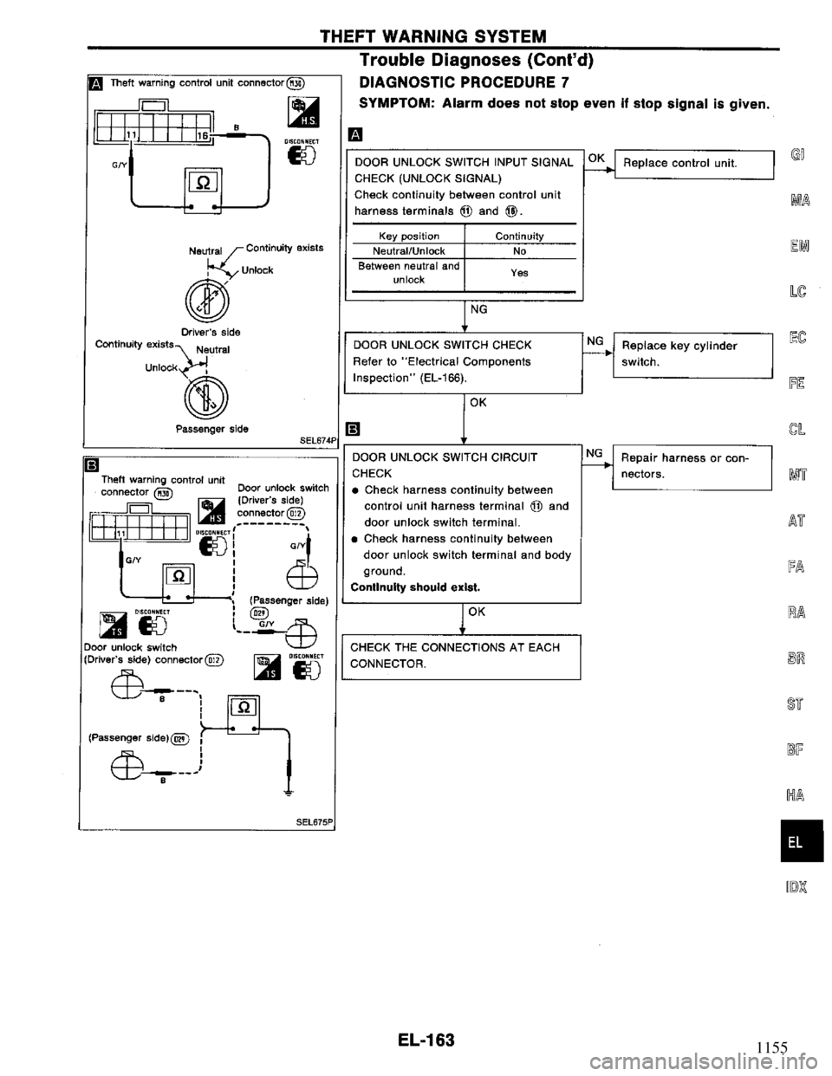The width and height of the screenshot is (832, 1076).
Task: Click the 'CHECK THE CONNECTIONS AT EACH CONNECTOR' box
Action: click(x=461, y=656)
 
